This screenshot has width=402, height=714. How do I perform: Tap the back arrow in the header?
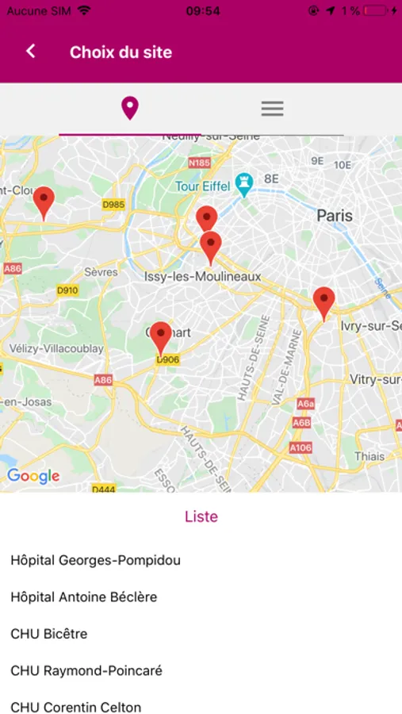point(31,52)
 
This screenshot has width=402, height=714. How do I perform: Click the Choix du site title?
point(121,52)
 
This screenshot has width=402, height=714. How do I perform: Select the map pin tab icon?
point(130,109)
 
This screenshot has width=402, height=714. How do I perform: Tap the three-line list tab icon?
point(272,109)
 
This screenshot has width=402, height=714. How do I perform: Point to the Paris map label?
point(335,215)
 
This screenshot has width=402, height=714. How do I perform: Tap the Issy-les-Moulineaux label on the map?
point(202,276)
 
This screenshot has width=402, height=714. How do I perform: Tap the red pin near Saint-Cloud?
point(44,201)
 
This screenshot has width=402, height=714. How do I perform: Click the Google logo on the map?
point(33,476)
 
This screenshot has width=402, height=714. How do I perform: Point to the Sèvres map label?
point(101,272)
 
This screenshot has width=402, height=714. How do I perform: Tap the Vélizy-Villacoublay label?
point(56,348)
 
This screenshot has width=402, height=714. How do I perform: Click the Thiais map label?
point(369,456)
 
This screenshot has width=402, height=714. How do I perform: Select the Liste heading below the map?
point(201,516)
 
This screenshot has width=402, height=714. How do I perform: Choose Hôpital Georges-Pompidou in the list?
point(95,560)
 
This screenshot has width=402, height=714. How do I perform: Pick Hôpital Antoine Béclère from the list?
point(83,597)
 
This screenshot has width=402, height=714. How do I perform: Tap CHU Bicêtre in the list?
point(48,634)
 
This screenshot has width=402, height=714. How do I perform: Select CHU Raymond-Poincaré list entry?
point(86,670)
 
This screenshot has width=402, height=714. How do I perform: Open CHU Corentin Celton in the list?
point(75,707)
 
